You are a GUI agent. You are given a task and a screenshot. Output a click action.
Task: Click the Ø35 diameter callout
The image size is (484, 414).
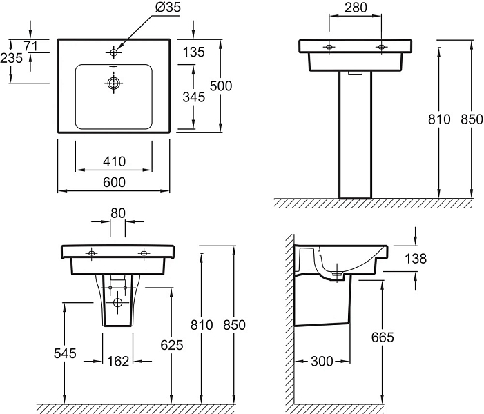pos(168,7)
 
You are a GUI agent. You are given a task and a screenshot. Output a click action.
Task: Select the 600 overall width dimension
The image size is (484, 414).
pos(114,182)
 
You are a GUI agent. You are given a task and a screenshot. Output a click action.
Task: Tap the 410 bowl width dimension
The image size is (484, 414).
pos(114,161)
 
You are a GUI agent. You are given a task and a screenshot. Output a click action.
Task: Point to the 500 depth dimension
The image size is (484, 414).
pos(221,86)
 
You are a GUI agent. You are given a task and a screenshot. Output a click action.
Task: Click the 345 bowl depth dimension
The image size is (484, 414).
pos(194,97)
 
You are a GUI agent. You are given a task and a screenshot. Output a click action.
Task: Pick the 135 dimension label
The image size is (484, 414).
pos(194,52)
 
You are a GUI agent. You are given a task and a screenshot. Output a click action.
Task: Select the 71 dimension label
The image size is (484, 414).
pos(31,46)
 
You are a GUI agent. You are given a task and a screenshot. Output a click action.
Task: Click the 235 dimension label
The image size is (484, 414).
pos(12,58)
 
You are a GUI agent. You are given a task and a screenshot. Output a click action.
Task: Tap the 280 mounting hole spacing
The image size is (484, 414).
pos(356,8)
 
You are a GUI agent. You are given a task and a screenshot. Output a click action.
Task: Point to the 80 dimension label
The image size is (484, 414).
pos(118,213)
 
